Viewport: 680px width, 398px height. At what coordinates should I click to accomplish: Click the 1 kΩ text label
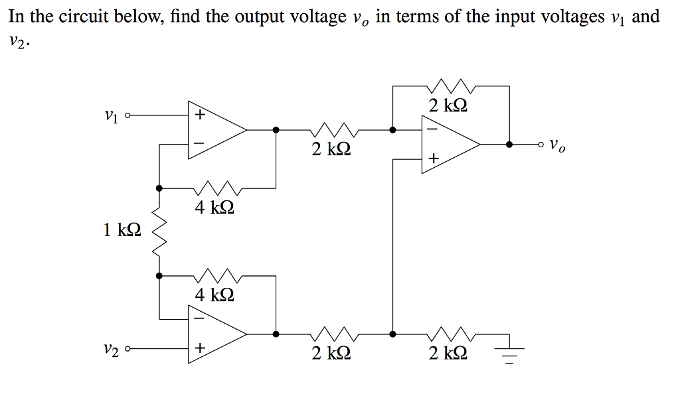122,230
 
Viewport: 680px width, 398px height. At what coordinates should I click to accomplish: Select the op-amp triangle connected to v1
216,130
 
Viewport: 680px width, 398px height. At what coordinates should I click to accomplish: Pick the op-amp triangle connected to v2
216,334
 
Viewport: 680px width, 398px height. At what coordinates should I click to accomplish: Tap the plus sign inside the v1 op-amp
200,115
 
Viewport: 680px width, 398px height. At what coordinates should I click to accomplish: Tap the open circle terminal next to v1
127,115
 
